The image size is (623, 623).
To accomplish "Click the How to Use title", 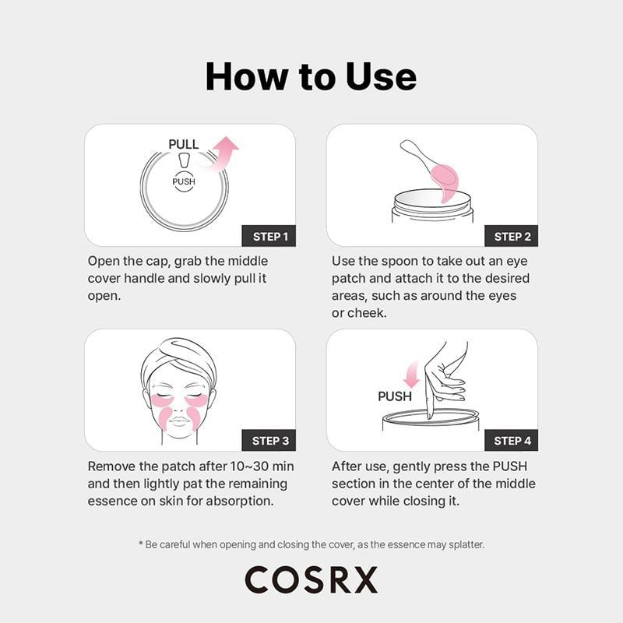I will click(311, 76).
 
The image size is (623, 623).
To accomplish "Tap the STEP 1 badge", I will click(270, 236).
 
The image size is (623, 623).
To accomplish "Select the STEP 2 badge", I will click(512, 236).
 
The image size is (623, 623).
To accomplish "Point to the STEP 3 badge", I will click(270, 441).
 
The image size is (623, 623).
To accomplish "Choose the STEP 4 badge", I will click(512, 441).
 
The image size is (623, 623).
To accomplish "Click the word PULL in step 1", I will click(184, 144).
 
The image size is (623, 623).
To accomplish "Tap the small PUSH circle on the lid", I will click(184, 181).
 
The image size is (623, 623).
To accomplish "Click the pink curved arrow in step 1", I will click(222, 151).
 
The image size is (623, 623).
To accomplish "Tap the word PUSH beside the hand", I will click(395, 396).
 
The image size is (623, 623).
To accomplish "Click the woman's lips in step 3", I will click(178, 422).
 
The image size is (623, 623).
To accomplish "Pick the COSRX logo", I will click(311, 580).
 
